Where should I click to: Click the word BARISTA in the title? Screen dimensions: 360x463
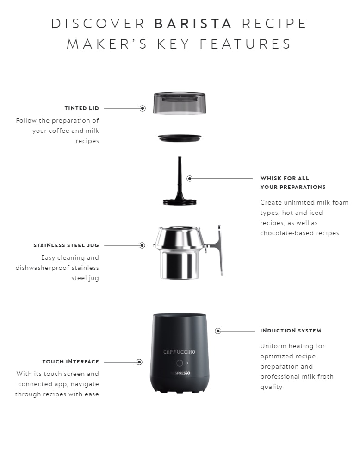[x=193, y=24]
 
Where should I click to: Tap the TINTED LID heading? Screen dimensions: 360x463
[x=82, y=108]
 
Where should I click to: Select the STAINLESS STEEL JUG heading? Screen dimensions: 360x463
[x=66, y=245]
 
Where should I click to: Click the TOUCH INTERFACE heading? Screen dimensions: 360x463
[x=70, y=362]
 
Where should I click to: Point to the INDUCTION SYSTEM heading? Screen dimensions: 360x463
[x=291, y=331]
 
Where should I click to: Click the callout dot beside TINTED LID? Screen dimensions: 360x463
[x=143, y=108]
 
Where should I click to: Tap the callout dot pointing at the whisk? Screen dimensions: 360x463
[x=190, y=178]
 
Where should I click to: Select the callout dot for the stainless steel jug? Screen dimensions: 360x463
[x=142, y=245]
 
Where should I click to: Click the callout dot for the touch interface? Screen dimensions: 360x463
[x=140, y=362]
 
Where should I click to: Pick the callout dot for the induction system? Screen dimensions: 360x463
[x=218, y=331]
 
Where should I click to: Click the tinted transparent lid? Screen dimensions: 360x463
[x=180, y=103]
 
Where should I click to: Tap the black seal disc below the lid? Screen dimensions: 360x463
[x=180, y=138]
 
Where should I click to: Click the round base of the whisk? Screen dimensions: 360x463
[x=180, y=202]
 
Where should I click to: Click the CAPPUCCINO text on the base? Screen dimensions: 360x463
[x=179, y=352]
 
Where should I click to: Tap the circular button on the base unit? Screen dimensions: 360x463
[x=180, y=363]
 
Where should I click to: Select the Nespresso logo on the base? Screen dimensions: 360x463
[x=180, y=373]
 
